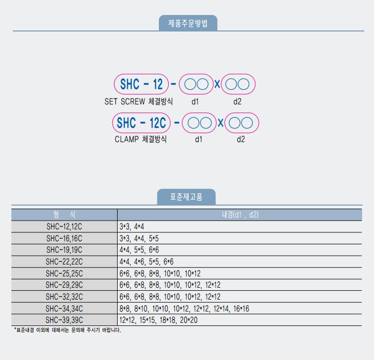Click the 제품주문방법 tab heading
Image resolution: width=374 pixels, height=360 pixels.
(188, 23)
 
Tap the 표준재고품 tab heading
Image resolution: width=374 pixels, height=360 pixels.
(186, 197)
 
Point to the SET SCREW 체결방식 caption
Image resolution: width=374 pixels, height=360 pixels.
(139, 101)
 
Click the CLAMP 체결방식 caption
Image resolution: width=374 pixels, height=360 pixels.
(140, 139)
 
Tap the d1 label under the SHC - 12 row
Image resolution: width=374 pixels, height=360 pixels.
(195, 102)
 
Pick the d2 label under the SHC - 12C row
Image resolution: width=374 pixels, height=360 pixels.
(241, 139)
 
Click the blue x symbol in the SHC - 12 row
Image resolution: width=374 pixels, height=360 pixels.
(217, 84)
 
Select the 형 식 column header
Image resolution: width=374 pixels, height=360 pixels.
(64, 214)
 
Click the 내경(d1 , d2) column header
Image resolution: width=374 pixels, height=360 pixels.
(240, 214)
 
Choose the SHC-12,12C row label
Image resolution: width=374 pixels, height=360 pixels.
(64, 226)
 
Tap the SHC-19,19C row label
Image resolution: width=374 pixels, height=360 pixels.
(64, 249)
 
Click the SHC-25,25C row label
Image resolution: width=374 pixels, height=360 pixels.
(64, 273)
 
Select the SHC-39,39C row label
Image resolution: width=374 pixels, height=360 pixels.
(64, 320)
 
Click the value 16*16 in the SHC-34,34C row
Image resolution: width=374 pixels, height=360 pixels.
(241, 308)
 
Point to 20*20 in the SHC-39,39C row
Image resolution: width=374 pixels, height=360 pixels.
(189, 320)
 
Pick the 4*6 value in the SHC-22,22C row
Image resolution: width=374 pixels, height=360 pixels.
(139, 261)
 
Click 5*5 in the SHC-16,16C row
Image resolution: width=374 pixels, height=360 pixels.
(154, 238)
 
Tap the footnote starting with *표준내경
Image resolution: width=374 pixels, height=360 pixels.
(68, 330)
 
